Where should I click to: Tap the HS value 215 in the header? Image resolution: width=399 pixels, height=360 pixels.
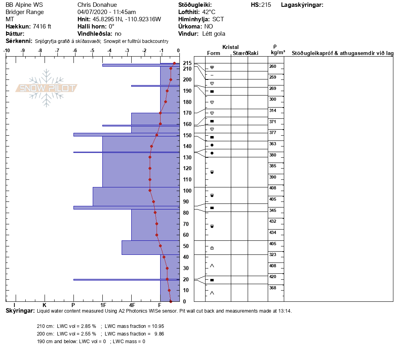click(x=266, y=5)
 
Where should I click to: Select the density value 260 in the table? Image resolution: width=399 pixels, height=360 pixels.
click(x=273, y=67)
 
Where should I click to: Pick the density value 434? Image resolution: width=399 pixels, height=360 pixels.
click(x=273, y=233)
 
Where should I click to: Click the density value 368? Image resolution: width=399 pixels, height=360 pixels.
click(x=273, y=288)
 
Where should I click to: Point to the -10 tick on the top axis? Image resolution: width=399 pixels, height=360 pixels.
click(x=6, y=51)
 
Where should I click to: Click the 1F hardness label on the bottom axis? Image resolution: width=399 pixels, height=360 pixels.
click(x=103, y=305)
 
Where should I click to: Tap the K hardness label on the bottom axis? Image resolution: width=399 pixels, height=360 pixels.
click(x=44, y=305)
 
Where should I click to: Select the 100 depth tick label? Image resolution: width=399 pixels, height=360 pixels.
click(x=187, y=191)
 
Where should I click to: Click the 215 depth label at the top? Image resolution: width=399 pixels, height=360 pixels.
click(x=187, y=63)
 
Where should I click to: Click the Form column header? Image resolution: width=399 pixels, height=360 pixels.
click(x=213, y=53)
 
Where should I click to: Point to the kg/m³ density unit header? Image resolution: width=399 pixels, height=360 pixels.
click(x=278, y=53)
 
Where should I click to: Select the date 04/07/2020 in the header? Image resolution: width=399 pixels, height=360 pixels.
click(x=92, y=12)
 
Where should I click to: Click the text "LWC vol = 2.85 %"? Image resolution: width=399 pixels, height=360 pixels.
click(x=76, y=326)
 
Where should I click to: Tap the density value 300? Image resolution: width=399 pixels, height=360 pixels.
click(x=273, y=100)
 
